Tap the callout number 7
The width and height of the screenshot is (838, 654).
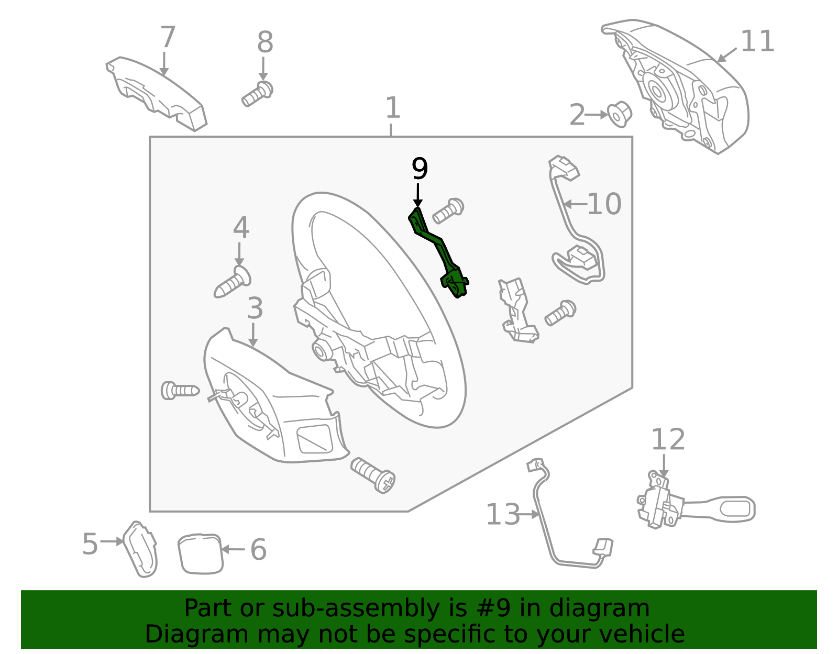click(168, 37)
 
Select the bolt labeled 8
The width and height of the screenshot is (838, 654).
click(257, 94)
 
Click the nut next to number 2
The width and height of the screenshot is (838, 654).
click(620, 114)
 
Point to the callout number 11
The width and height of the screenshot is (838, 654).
click(757, 41)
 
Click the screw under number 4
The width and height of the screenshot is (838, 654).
click(232, 282)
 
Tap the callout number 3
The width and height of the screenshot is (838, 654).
click(255, 308)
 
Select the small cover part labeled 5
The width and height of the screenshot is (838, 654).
click(140, 549)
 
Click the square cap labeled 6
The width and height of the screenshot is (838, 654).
click(201, 554)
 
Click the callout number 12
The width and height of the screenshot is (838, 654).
click(668, 439)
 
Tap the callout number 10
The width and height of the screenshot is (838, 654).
click(604, 204)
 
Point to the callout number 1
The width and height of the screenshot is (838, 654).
click(393, 107)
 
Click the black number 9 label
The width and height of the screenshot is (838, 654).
click(420, 169)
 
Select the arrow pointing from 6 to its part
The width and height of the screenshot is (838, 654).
click(233, 549)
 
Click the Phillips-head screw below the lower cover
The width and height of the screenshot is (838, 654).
click(373, 475)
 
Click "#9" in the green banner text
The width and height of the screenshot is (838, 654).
click(492, 608)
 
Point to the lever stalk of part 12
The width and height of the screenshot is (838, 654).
click(720, 509)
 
